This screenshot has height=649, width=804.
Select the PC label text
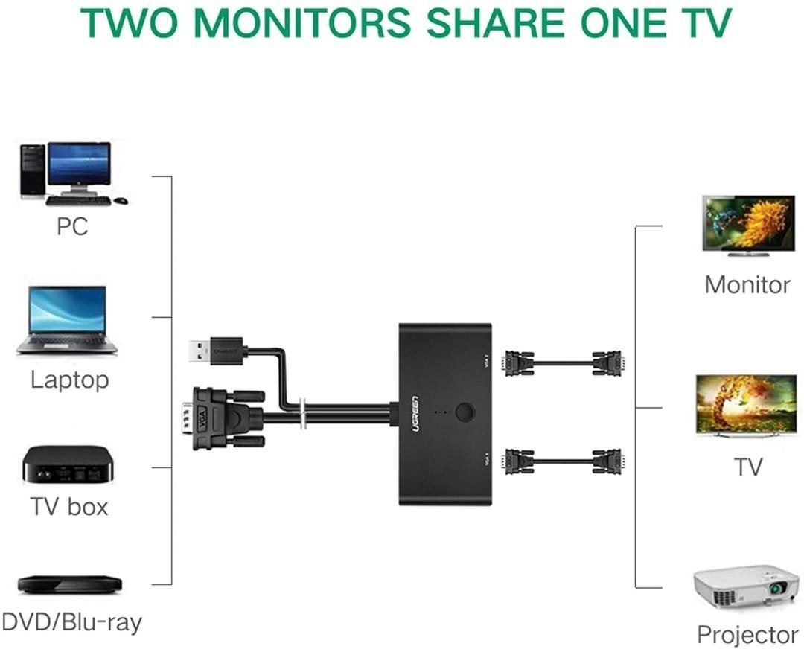coord(72,226)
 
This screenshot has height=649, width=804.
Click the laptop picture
coord(67,320)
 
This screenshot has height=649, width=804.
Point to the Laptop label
coord(69,380)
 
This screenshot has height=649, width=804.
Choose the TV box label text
coord(69,507)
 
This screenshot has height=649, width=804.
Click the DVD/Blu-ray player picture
coord(69,584)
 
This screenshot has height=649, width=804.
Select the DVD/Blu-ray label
coord(71,622)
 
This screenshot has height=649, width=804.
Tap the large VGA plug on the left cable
coord(223,418)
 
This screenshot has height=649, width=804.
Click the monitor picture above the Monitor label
coord(748,226)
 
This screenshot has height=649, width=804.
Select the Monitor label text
coord(747,285)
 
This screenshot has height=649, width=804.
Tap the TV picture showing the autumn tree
coord(747,406)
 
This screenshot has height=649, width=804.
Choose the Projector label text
coord(747,635)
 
